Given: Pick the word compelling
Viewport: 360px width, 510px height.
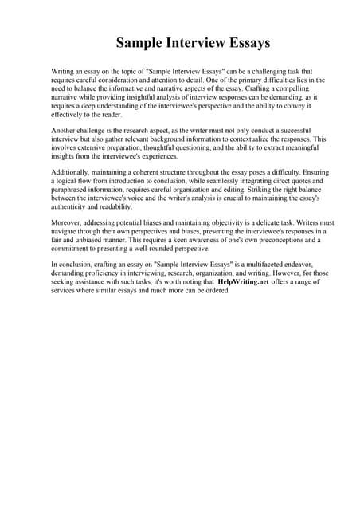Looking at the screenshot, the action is click(x=293, y=88).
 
